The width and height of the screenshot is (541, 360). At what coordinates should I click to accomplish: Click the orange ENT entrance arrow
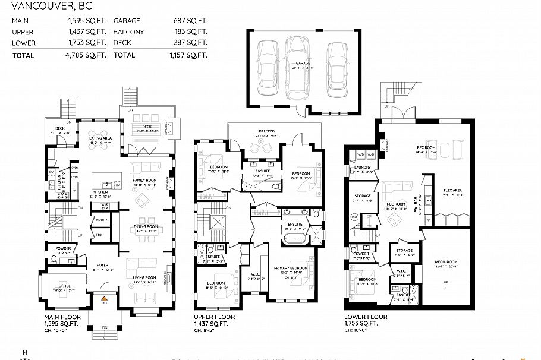coord(104,297)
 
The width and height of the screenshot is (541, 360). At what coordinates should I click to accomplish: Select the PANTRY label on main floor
coord(100,220)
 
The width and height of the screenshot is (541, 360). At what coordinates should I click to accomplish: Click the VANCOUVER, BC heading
coord(47,7)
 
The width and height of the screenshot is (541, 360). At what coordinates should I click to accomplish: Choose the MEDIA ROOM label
coord(449,261)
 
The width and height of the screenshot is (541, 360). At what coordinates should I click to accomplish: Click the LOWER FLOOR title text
coord(366,317)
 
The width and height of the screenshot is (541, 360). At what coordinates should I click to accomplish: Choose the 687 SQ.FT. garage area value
coord(192,21)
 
